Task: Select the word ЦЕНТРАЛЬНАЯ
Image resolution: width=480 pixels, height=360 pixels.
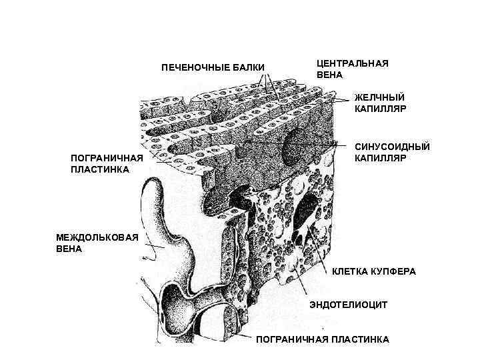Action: click(352, 63)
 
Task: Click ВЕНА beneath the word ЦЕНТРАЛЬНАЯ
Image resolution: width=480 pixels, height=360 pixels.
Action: click(329, 75)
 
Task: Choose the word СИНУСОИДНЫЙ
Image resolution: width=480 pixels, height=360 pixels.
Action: click(392, 147)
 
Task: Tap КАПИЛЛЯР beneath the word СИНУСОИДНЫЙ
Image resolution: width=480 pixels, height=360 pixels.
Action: click(381, 158)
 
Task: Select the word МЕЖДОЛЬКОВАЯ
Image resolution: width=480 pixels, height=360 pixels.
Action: click(97, 238)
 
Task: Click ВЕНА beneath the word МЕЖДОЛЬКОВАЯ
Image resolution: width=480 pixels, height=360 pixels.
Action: click(69, 249)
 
